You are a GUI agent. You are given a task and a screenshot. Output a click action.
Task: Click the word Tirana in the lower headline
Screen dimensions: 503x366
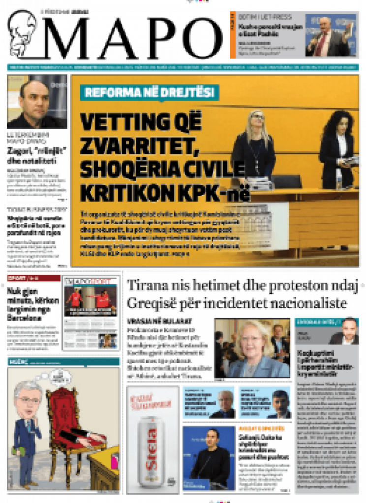(148, 285)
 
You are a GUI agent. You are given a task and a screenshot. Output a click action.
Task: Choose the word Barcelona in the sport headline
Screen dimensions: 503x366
(25, 317)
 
